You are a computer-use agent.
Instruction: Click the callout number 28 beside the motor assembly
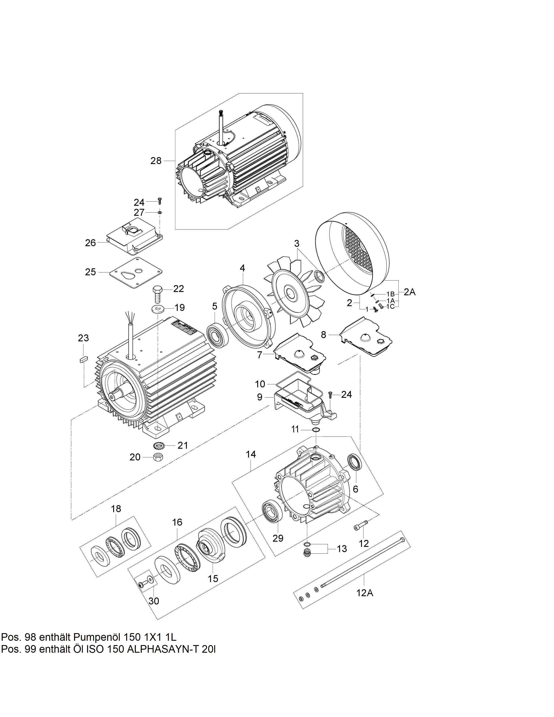[156, 161]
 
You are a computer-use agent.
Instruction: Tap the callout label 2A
[410, 292]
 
